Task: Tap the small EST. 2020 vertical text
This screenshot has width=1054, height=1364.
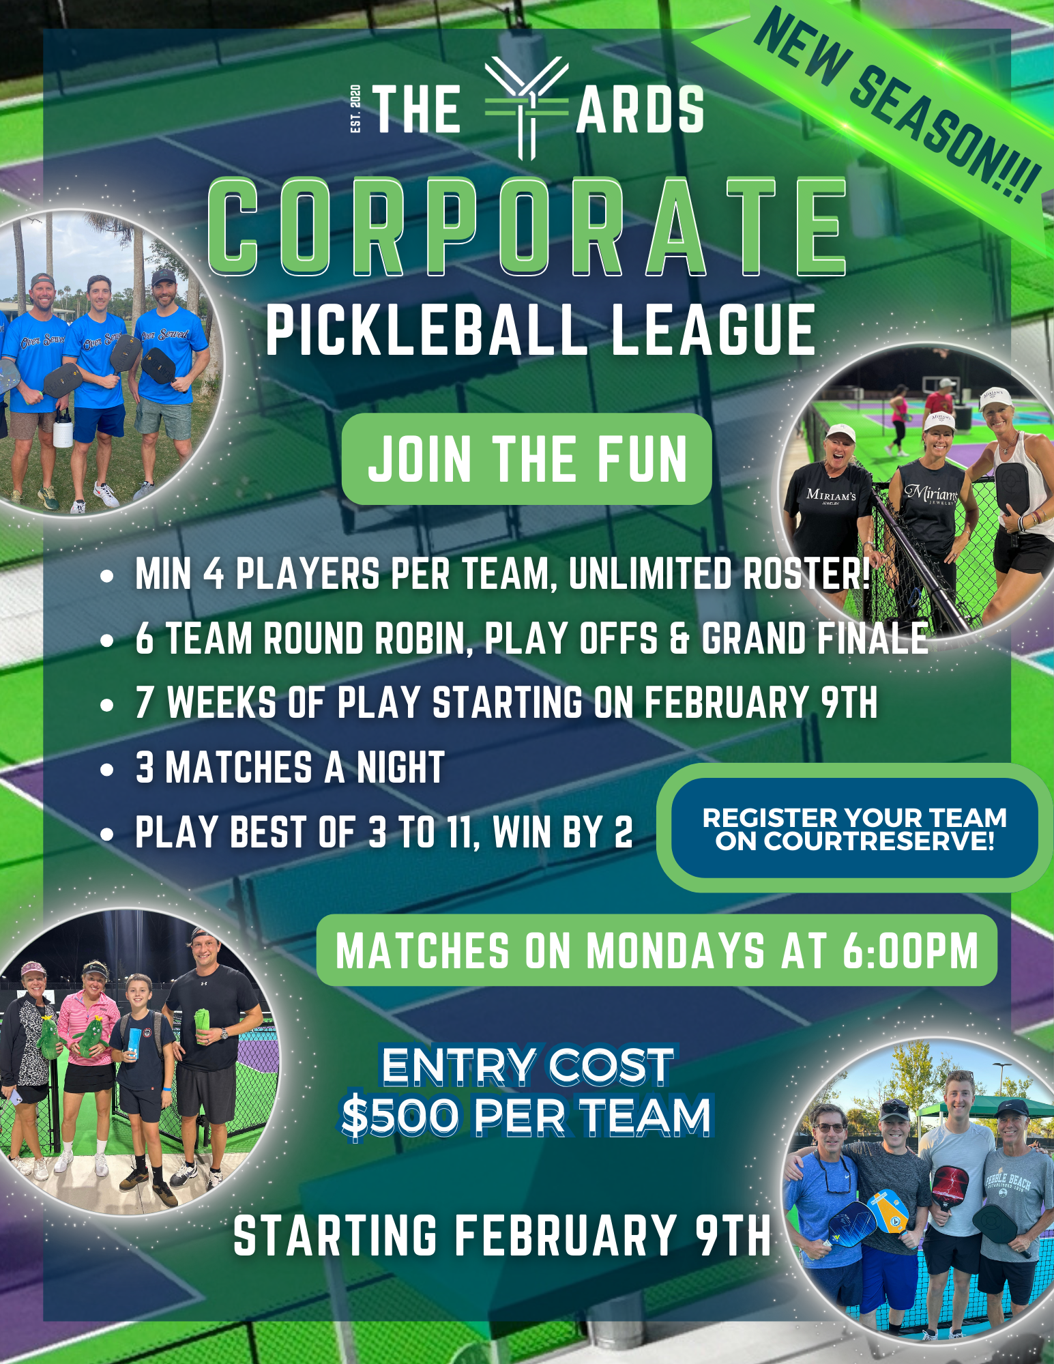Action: (x=355, y=108)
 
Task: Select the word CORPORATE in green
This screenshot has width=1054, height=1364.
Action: (x=527, y=227)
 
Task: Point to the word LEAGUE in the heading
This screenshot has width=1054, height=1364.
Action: (x=712, y=331)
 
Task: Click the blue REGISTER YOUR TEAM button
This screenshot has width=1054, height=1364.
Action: (x=854, y=828)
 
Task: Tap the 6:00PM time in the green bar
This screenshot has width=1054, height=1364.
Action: (x=910, y=951)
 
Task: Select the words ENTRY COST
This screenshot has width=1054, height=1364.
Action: (x=527, y=1066)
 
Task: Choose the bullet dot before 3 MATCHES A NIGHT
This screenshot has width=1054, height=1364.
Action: (x=106, y=770)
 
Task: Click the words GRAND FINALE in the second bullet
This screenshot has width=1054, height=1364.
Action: (x=815, y=639)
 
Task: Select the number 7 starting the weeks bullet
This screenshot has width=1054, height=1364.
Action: (x=144, y=703)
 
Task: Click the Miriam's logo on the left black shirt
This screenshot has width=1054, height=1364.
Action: (x=830, y=495)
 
